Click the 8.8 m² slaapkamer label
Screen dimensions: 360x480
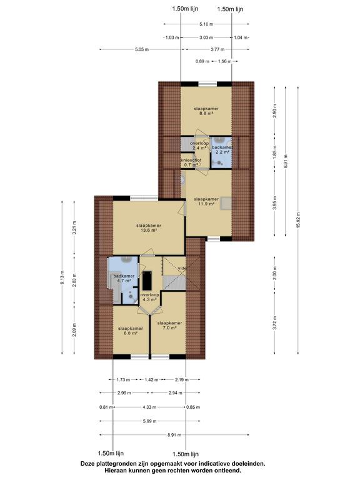206,111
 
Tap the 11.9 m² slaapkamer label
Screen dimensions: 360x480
206,201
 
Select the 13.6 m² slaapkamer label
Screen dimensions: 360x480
149,227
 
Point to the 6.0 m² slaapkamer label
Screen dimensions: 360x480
131,331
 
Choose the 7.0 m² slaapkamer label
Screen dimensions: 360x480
169,325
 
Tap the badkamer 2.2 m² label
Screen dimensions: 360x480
222,149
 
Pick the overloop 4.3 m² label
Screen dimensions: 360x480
150,297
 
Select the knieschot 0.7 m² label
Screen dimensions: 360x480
191,162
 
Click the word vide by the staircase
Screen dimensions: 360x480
182,268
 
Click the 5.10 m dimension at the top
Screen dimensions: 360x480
206,24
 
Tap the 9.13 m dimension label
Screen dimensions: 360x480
62,277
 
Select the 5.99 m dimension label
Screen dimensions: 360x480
150,421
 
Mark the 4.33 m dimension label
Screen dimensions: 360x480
150,407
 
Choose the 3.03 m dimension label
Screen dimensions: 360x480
206,37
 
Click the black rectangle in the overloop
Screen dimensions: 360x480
148,281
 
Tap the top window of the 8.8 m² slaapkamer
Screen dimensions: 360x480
207,84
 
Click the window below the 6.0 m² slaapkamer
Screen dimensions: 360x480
139,357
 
